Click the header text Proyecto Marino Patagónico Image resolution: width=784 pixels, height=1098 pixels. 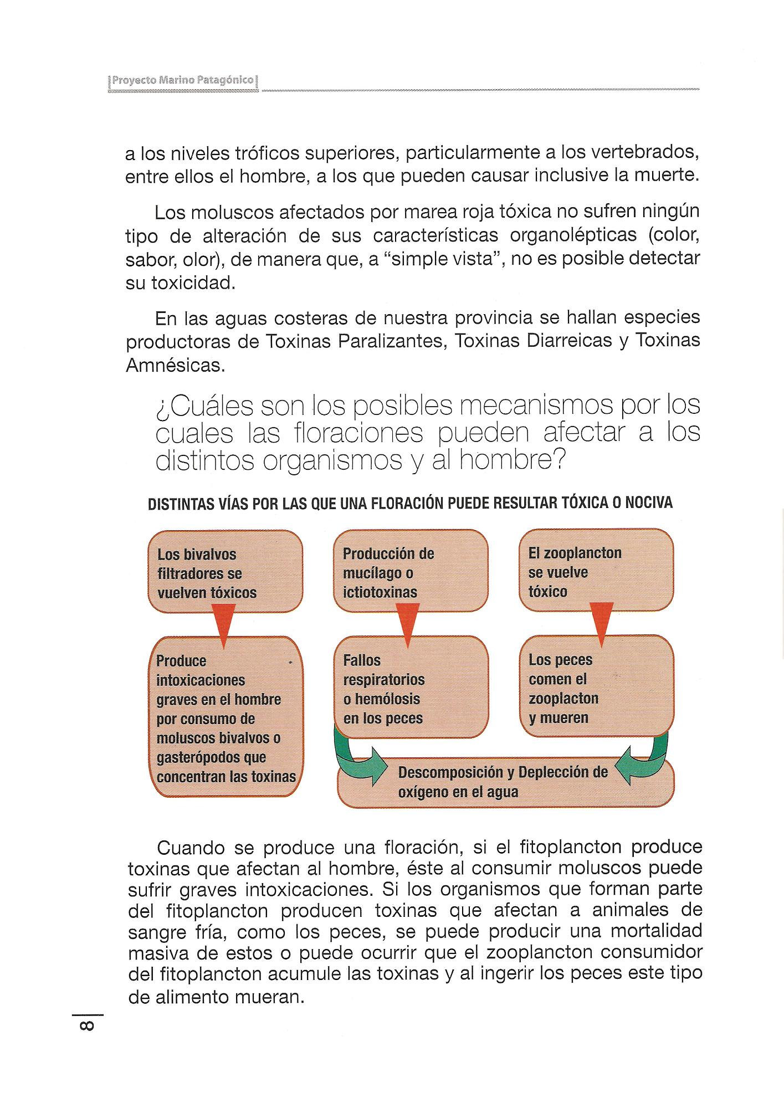[x=182, y=81]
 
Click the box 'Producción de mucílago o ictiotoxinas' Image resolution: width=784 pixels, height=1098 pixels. [x=411, y=572]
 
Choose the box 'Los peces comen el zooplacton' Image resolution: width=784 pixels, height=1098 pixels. [x=597, y=687]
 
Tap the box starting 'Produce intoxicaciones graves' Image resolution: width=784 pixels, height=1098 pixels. [x=227, y=718]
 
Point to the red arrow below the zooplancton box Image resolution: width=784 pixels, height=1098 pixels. [x=602, y=623]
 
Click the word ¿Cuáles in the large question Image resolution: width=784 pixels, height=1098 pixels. [x=203, y=407]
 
